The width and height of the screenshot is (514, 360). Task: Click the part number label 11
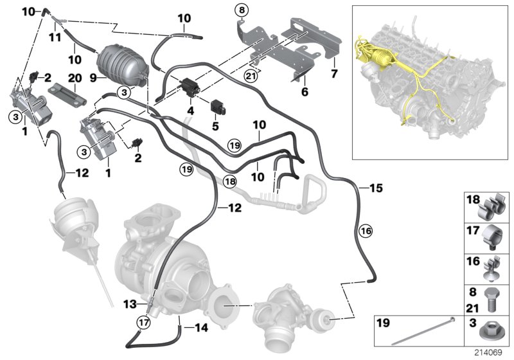(x=56, y=37)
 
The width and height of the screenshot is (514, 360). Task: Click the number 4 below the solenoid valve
(x=190, y=111)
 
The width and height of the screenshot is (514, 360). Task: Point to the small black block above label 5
(x=215, y=105)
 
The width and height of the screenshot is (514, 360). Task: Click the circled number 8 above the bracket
(x=242, y=10)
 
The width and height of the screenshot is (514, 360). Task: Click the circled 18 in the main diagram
(x=229, y=182)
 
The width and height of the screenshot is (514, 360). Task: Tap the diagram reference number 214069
(x=492, y=353)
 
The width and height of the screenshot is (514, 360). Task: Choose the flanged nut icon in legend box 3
(x=489, y=331)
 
